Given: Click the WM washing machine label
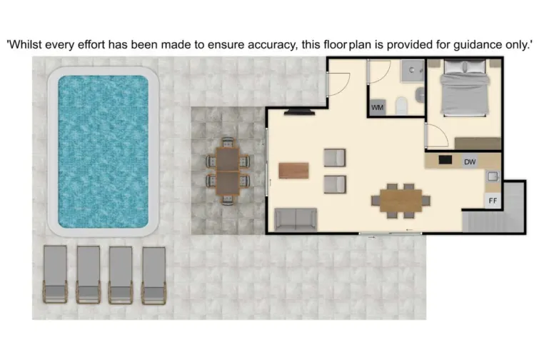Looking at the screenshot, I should click(x=377, y=108).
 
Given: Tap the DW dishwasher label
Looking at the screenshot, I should click(x=470, y=162).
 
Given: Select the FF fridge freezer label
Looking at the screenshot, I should click(x=493, y=201).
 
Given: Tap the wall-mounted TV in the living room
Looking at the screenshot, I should click(x=299, y=112).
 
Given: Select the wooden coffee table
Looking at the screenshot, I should click(x=294, y=171).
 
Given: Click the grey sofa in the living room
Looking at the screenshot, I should click(x=296, y=219).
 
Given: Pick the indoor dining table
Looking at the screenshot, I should click(x=400, y=200).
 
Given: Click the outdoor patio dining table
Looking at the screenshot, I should click(x=228, y=171).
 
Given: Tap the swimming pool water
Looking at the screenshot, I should click(x=103, y=151).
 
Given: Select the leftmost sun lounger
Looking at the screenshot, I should click(x=55, y=273).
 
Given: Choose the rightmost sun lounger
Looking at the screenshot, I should click(x=153, y=273).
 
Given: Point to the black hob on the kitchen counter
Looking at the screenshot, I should click(x=446, y=160).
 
